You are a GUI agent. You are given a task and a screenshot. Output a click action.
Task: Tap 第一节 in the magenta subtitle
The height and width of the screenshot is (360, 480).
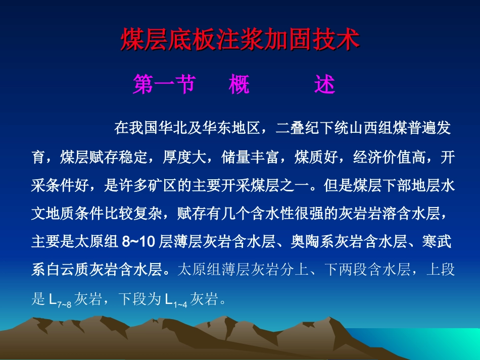coord(164,85)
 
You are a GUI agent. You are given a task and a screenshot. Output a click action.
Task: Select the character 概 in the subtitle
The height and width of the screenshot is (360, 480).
coord(239,85)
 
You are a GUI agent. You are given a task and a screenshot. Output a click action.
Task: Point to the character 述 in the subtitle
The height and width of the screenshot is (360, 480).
coord(324,85)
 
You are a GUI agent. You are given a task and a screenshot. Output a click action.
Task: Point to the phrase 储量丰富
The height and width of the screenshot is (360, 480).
coord(250,157)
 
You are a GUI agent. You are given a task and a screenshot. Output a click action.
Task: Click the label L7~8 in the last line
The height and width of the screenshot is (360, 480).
coord(60,300)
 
